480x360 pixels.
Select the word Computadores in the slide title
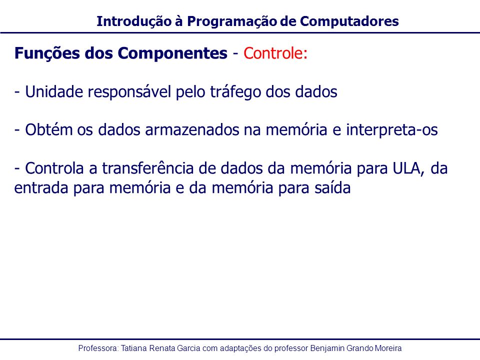coord(349,21)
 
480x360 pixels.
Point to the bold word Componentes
coord(172,54)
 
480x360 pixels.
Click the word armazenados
coord(192,130)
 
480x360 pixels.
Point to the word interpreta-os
coord(392,130)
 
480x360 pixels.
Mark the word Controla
coord(54,168)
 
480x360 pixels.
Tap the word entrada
coord(41,187)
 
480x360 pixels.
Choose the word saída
coord(332,187)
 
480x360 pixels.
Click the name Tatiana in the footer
coord(134,348)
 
